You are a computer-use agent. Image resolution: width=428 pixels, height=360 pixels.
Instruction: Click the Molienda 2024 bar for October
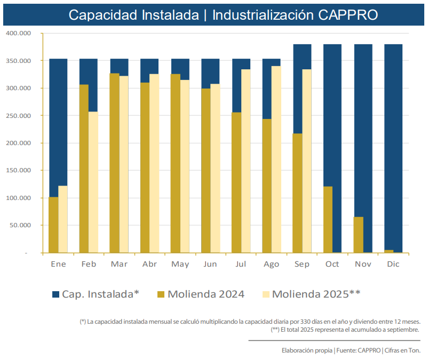click(x=328, y=219)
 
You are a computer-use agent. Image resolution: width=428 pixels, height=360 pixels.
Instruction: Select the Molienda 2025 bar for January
click(x=63, y=219)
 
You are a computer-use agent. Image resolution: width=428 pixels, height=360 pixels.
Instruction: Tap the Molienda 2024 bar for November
click(x=359, y=235)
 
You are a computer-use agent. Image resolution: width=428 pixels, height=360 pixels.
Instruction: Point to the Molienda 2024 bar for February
click(x=84, y=168)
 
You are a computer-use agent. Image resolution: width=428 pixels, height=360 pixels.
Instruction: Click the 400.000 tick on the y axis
click(x=19, y=33)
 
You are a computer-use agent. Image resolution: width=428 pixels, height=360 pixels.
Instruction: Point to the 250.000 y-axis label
click(x=19, y=116)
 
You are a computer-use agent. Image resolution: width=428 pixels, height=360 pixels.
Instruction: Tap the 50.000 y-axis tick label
click(x=21, y=226)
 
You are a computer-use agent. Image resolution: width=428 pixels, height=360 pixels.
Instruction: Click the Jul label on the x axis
click(x=241, y=265)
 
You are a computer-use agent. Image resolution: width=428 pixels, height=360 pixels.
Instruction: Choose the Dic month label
click(x=393, y=265)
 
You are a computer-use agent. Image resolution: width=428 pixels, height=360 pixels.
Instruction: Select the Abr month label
click(x=149, y=265)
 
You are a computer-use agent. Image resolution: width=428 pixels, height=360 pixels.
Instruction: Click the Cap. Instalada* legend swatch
click(x=56, y=294)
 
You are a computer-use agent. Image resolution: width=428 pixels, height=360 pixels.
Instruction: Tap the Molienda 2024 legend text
click(x=206, y=294)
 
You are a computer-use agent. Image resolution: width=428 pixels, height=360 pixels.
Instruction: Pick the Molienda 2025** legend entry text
click(x=316, y=294)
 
